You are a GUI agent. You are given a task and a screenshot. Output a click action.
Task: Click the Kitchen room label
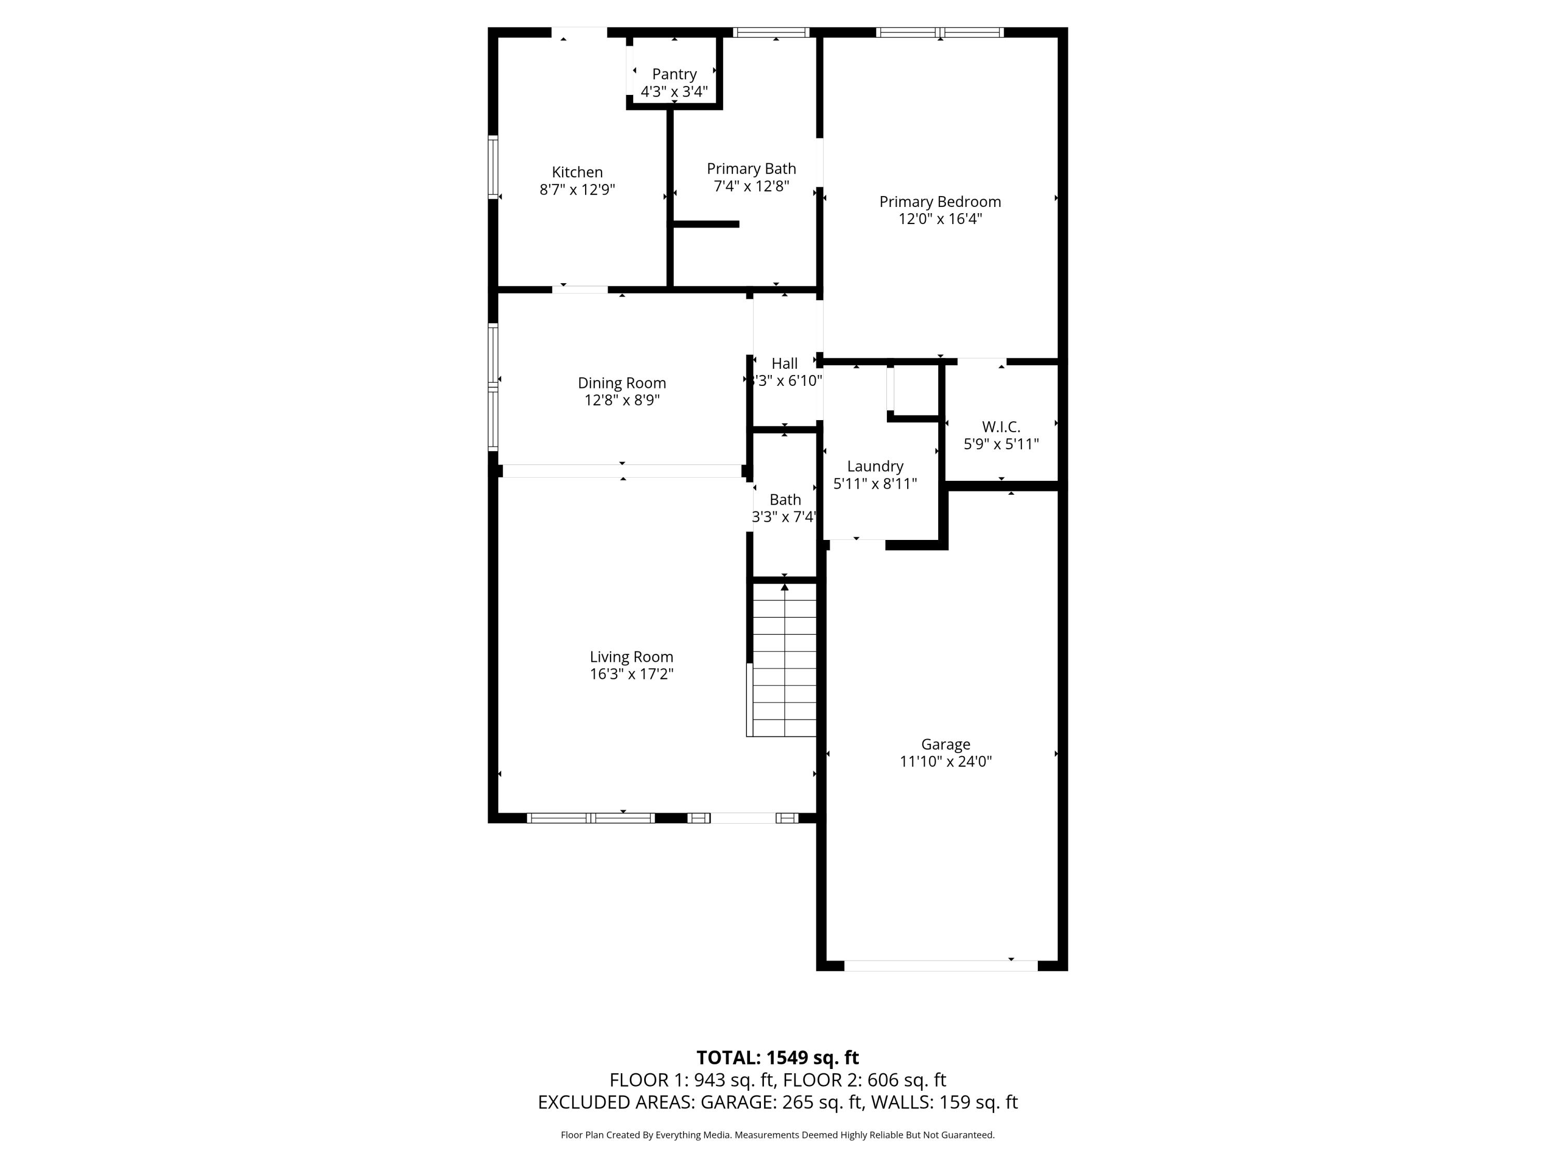point(577,172)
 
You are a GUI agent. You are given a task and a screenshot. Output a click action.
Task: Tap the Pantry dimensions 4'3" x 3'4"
point(674,91)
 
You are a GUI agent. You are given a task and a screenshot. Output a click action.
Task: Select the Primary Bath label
point(751,169)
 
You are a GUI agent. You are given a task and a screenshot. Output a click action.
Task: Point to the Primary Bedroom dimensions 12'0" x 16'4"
point(940,219)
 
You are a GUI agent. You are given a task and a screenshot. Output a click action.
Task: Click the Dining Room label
point(622,383)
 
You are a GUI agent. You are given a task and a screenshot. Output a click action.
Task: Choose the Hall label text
point(784,364)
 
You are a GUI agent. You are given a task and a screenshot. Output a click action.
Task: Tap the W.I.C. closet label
point(1001,427)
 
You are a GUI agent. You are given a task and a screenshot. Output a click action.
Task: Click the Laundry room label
point(875,466)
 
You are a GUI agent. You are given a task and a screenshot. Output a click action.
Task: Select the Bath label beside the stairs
point(785,499)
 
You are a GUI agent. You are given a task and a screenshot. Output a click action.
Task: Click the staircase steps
point(784,660)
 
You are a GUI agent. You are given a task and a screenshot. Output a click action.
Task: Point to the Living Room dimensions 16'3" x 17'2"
point(632,674)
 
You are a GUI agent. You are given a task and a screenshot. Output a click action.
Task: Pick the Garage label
point(946,744)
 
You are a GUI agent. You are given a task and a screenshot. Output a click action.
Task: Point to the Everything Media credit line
point(777,1135)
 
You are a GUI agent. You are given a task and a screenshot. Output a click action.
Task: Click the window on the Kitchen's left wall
point(493,166)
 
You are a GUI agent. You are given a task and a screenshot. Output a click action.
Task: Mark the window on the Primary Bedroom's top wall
point(940,32)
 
